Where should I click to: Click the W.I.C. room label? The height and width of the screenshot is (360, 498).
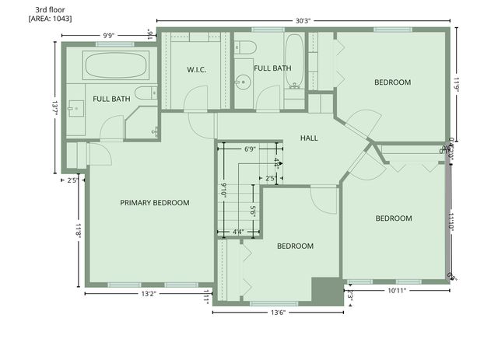point(196,70)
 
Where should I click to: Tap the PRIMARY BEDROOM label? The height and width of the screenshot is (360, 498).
point(155,203)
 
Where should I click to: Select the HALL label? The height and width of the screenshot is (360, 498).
point(309,138)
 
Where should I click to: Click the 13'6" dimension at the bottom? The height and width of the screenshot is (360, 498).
point(279,313)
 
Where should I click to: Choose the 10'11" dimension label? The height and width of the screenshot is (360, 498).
point(397,291)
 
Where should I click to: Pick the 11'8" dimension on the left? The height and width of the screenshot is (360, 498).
point(78,231)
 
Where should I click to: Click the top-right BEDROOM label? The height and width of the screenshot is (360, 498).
point(392,82)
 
